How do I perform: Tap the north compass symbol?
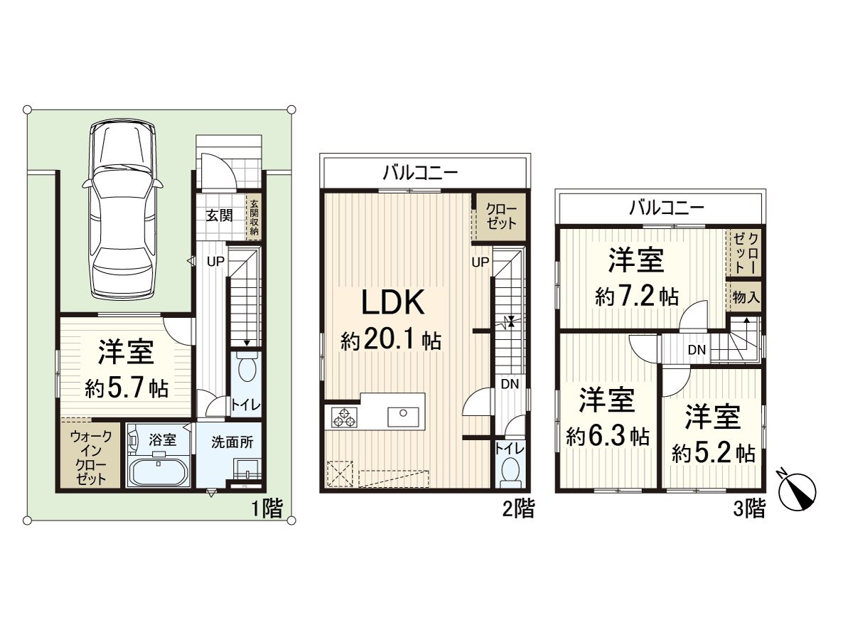797,490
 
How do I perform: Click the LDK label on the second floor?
393,303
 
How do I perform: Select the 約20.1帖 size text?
390,342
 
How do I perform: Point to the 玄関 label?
219,215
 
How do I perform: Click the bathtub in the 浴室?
158,471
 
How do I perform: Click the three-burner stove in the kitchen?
345,418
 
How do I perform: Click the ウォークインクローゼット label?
91,457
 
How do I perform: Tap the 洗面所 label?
232,441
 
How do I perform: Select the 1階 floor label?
267,508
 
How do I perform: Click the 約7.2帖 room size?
636,297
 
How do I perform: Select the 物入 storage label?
746,297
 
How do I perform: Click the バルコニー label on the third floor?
665,208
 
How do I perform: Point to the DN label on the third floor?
696,350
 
